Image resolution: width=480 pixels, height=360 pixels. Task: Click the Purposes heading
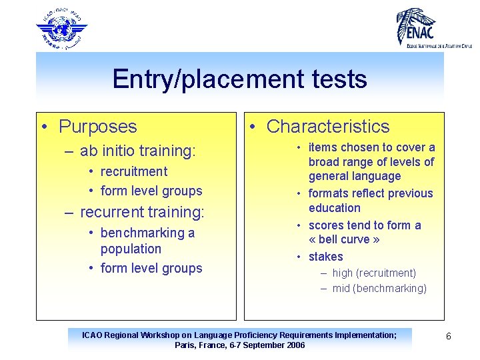(x=97, y=126)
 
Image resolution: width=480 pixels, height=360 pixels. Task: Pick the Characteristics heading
(x=328, y=126)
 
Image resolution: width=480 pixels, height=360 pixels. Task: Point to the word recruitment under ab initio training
(x=134, y=171)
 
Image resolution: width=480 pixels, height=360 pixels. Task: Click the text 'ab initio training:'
(x=138, y=151)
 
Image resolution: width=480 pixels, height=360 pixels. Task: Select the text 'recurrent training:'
(x=142, y=212)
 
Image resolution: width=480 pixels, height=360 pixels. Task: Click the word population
(x=131, y=249)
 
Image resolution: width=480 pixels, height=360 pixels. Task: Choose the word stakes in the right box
(x=326, y=257)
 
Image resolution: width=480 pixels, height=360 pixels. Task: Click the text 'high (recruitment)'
(x=374, y=273)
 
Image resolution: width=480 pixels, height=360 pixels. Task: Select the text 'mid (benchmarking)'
(x=379, y=288)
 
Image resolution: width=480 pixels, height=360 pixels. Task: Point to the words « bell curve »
(x=344, y=240)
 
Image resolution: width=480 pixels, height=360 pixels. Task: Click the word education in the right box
(x=335, y=208)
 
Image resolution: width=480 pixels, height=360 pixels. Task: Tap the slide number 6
(x=449, y=337)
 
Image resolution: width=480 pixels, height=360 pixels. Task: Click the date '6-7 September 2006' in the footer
(x=267, y=345)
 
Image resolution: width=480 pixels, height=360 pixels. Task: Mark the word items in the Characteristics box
(x=323, y=147)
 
